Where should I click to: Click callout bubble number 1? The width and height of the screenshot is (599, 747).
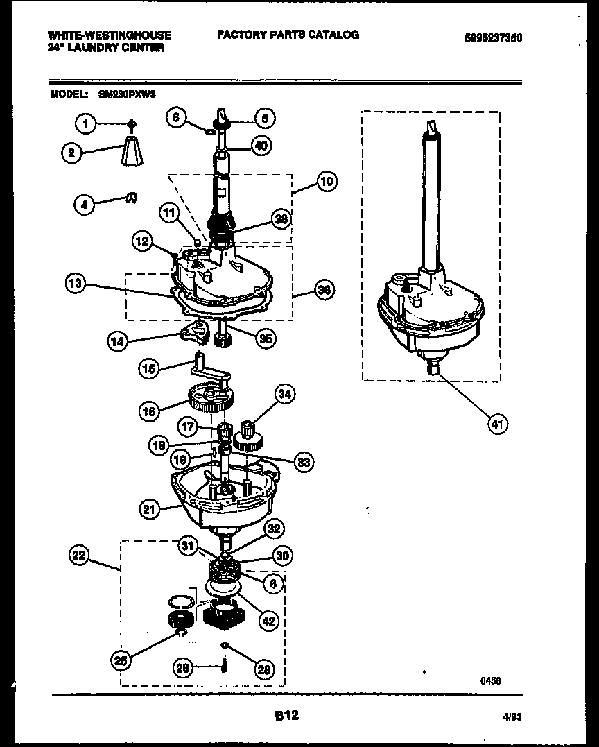tap(85, 125)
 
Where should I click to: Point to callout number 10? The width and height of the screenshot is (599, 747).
tap(326, 182)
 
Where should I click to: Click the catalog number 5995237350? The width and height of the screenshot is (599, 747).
tap(493, 39)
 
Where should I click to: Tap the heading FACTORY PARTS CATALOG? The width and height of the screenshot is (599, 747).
tap(288, 35)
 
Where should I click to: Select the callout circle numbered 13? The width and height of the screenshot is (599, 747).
tap(76, 283)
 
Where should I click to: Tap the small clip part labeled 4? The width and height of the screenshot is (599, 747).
tap(130, 198)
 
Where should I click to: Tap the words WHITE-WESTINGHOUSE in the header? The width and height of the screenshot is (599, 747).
tap(110, 35)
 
